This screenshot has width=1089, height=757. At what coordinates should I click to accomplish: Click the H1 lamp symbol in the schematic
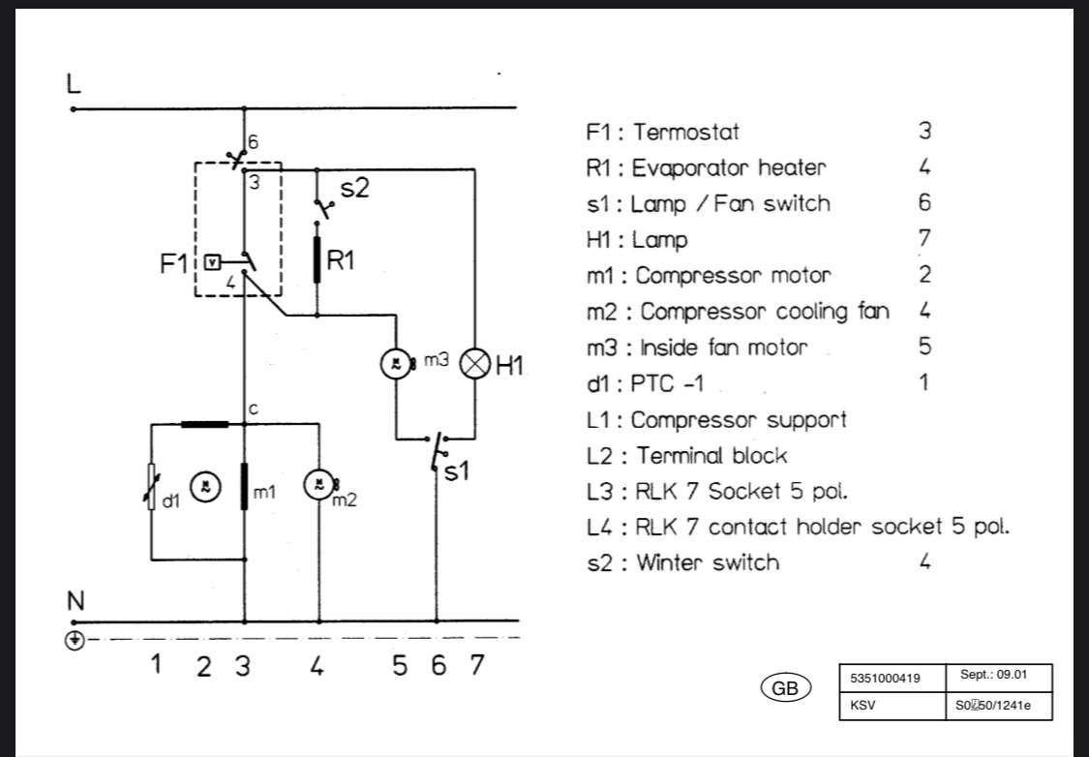[475, 364]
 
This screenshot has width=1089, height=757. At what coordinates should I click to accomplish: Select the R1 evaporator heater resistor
[318, 259]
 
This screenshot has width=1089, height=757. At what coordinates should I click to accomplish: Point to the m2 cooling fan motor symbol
[319, 485]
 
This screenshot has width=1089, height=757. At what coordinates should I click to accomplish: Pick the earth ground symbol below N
[75, 640]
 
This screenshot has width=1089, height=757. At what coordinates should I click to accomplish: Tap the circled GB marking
[785, 687]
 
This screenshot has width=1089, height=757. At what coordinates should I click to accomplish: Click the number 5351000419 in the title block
[885, 678]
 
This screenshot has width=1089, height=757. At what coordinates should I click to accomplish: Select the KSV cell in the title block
[892, 706]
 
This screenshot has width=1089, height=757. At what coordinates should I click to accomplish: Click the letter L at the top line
[73, 83]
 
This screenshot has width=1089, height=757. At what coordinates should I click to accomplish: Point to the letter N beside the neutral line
[75, 601]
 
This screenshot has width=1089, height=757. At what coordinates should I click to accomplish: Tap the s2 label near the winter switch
[354, 188]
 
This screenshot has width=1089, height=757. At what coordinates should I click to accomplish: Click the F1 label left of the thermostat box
[173, 264]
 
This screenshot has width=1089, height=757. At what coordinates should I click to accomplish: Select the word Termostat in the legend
[685, 132]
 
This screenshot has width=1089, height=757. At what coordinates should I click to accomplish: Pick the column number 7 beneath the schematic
[476, 665]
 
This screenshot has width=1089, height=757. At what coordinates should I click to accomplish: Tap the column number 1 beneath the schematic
[156, 665]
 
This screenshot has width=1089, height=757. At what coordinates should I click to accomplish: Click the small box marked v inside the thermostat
[213, 261]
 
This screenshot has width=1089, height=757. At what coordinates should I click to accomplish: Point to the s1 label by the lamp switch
[456, 471]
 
